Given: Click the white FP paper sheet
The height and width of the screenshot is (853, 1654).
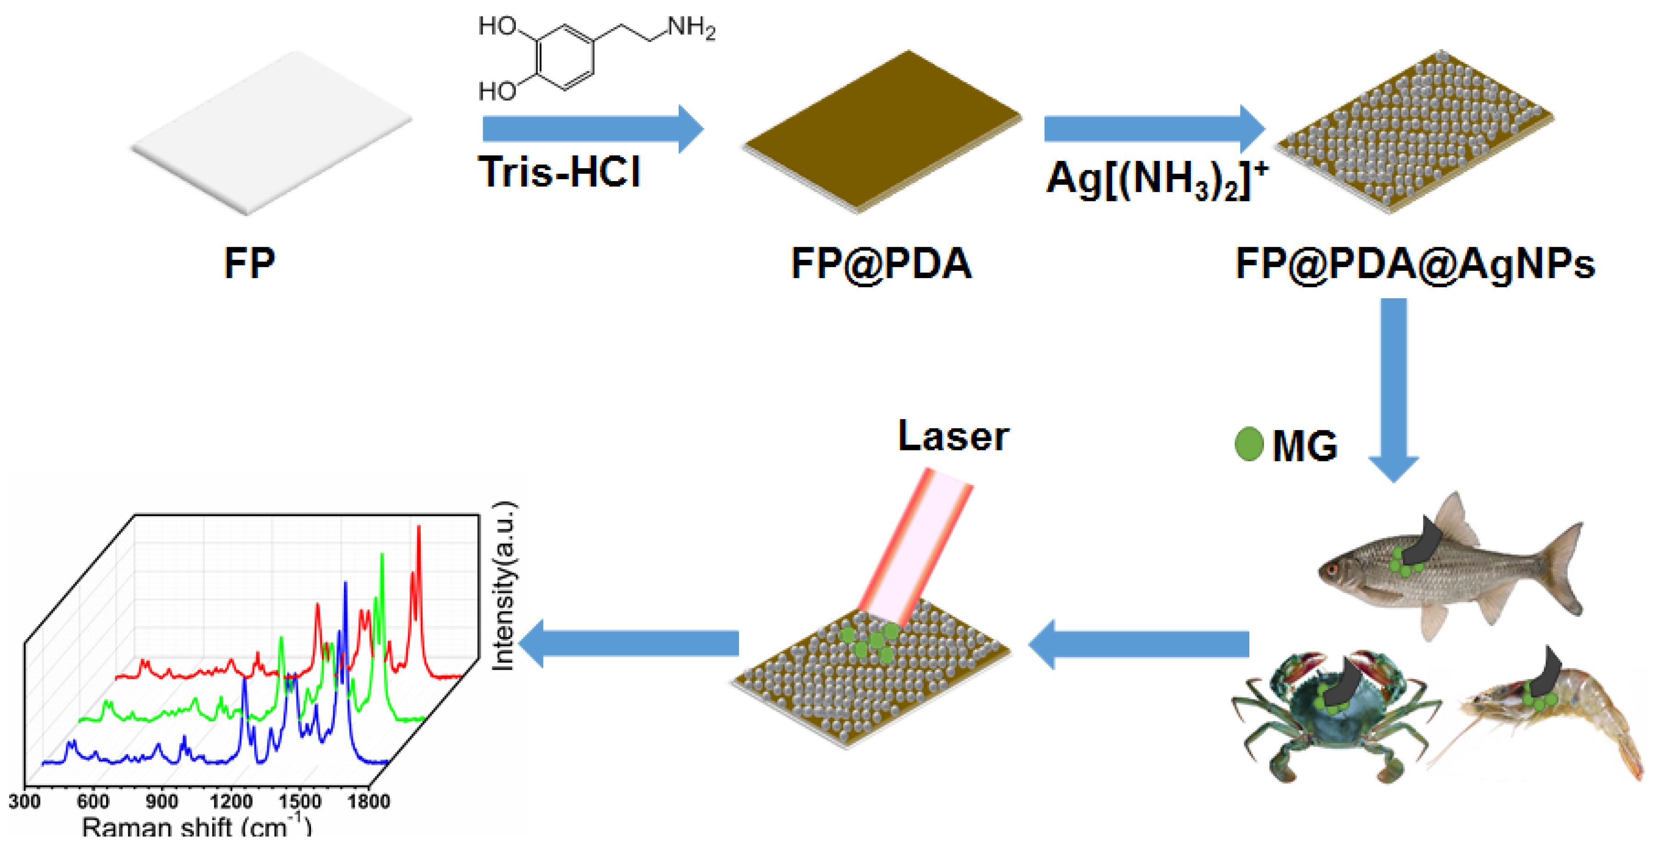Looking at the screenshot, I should [270, 132].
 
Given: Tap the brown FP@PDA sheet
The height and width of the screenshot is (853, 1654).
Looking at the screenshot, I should [881, 132].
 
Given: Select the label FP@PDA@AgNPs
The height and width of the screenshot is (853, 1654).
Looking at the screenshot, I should [1415, 263].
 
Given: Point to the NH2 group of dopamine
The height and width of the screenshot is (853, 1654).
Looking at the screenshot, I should [690, 28].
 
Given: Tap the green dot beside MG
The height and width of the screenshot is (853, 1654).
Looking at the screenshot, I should [1249, 444].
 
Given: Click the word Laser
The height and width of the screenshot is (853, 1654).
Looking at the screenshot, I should [953, 437].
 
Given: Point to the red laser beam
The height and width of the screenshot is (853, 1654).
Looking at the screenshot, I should [915, 546].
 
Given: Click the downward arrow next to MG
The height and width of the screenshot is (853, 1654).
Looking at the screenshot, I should [1393, 386].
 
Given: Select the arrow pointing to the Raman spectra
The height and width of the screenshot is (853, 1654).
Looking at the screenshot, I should [629, 643].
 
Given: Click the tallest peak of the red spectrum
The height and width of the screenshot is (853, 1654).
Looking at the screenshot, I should [419, 528].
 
